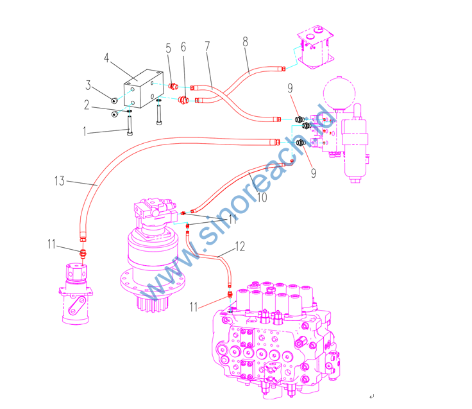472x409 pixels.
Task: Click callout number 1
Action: pyautogui.click(x=84, y=133)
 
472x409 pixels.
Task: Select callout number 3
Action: pyautogui.click(x=90, y=85)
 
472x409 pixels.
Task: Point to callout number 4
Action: pyautogui.click(x=108, y=59)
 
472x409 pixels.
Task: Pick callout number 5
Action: pyautogui.click(x=169, y=48)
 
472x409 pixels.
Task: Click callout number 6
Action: pyautogui.click(x=183, y=48)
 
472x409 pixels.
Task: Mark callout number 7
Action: pyautogui.click(x=207, y=48)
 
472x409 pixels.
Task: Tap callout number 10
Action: pyautogui.click(x=261, y=197)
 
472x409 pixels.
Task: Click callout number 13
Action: pyautogui.click(x=60, y=182)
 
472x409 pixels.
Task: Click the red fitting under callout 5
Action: pyautogui.click(x=173, y=85)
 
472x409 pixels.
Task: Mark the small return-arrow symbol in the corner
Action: pyautogui.click(x=373, y=397)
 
